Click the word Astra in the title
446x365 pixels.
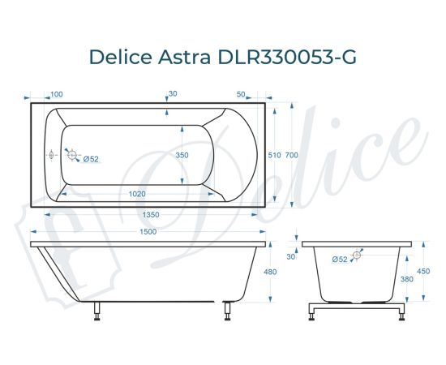(185, 57)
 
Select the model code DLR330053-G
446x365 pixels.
(285, 57)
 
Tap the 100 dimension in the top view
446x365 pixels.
(58, 95)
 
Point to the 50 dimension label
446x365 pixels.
(241, 95)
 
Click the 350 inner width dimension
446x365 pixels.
(182, 155)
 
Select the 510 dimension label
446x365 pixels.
(274, 155)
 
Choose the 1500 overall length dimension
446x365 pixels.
(147, 232)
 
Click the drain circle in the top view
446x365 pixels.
(72, 154)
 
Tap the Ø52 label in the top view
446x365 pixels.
(91, 159)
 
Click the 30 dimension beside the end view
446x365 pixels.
(291, 256)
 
